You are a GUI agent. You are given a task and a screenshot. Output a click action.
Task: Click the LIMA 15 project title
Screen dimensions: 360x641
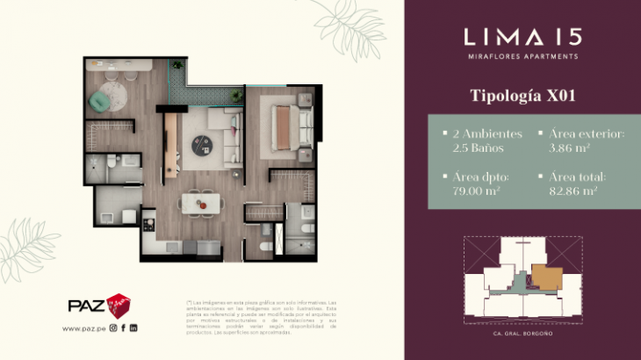click(x=522, y=36)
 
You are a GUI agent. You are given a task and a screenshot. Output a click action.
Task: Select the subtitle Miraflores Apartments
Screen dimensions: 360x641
click(x=522, y=56)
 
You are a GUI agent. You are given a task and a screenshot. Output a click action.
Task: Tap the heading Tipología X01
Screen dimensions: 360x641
click(x=522, y=95)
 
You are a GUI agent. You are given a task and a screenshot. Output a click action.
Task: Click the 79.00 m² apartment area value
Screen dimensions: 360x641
click(x=475, y=190)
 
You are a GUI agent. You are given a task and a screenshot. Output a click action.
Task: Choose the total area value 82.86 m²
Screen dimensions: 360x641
click(x=574, y=190)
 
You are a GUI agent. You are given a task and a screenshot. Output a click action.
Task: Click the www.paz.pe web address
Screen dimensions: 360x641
click(x=84, y=328)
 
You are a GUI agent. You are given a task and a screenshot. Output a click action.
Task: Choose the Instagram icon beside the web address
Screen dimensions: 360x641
click(x=112, y=328)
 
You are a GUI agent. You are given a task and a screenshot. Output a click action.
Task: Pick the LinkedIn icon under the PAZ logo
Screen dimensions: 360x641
click(x=133, y=328)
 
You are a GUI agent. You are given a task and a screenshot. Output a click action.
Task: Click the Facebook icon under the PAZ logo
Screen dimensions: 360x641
click(x=123, y=328)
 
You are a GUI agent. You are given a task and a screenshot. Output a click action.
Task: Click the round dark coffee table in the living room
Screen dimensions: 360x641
click(x=204, y=140)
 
